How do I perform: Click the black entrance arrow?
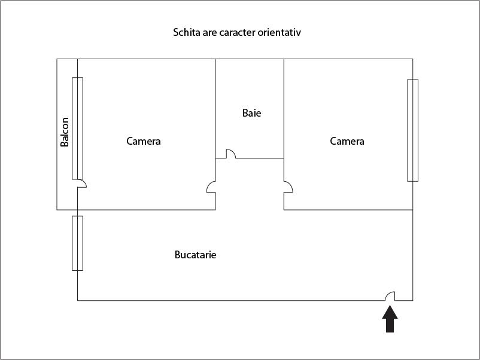(x=390, y=319)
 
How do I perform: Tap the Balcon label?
(x=65, y=132)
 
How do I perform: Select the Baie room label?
(x=251, y=113)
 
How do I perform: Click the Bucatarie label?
(x=195, y=255)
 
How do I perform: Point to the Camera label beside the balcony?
(x=144, y=141)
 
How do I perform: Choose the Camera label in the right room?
(x=347, y=141)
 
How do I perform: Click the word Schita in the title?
(x=186, y=32)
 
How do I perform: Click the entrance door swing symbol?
(x=390, y=297)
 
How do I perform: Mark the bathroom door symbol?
(x=231, y=154)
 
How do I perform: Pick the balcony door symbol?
(x=82, y=184)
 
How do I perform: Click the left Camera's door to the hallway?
(x=211, y=187)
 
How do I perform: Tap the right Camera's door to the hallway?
(x=288, y=187)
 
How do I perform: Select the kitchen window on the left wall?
(x=77, y=243)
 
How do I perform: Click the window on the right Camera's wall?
(x=412, y=130)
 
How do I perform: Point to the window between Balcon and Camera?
(x=77, y=128)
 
